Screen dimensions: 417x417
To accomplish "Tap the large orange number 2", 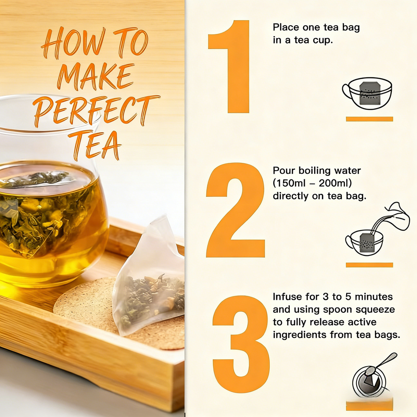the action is click(235, 210).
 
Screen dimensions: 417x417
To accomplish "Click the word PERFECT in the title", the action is click(97, 110).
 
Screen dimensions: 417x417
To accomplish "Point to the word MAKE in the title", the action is click(96, 76).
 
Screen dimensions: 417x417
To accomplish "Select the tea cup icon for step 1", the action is click(367, 93).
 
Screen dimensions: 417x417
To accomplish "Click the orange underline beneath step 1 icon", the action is click(369, 119).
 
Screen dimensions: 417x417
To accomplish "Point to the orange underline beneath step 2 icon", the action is click(369, 265).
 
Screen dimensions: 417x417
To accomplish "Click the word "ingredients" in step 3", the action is click(299, 335).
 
